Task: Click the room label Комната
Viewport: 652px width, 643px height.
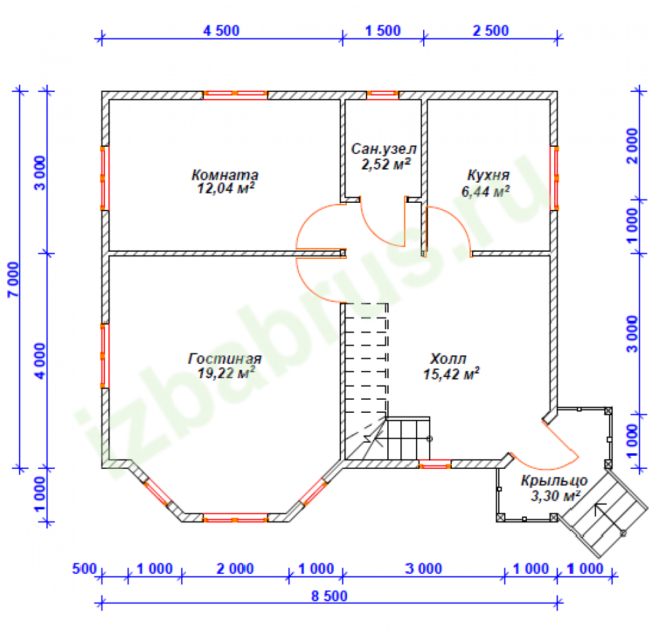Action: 224,175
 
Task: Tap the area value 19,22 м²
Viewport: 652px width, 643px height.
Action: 226,372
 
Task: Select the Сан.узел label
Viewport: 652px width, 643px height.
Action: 383,149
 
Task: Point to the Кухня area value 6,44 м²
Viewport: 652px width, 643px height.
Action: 485,191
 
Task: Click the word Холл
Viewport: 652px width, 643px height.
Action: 448,359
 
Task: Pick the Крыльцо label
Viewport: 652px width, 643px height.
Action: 554,481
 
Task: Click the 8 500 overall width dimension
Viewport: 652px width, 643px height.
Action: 329,596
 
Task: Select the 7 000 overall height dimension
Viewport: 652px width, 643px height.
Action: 13,279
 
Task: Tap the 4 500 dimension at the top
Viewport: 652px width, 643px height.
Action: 221,31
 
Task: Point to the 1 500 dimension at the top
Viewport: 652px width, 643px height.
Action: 383,31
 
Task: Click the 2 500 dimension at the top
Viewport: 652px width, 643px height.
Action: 491,31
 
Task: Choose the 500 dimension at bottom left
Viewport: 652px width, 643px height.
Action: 84,569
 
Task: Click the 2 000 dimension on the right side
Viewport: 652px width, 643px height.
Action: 632,146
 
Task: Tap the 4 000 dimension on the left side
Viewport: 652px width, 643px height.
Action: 40,361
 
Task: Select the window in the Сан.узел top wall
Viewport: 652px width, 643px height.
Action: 382,95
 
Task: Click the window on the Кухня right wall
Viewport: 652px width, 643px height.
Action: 554,178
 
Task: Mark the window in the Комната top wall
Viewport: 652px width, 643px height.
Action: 235,95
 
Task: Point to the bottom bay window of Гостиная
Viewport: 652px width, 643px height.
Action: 235,518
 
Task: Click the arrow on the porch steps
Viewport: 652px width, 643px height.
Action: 609,518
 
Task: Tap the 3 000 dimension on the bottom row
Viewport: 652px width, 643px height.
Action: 423,569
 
